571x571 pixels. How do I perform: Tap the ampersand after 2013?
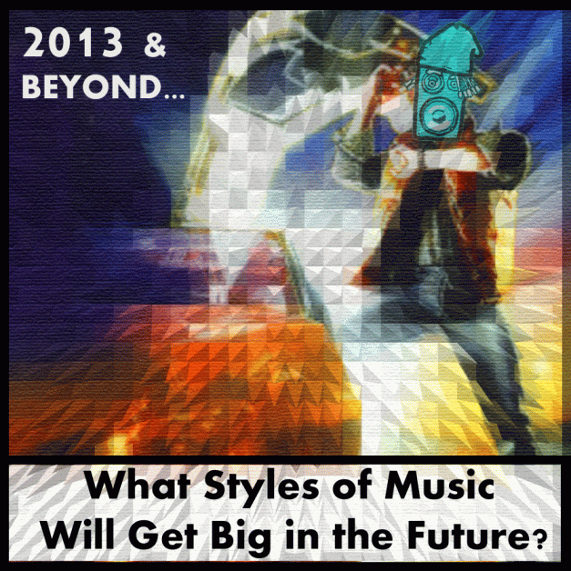click(157, 44)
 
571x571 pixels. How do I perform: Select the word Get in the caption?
click(178, 531)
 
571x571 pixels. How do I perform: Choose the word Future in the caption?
click(473, 531)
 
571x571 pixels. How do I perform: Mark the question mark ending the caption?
click(537, 536)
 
